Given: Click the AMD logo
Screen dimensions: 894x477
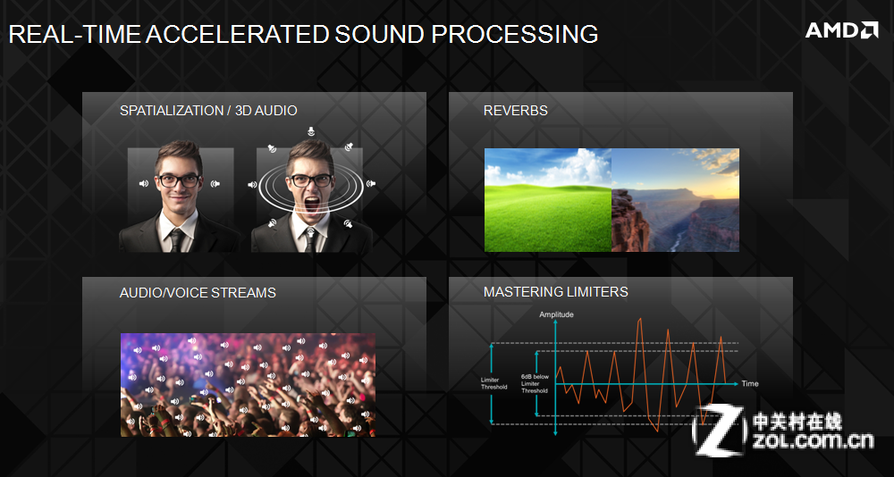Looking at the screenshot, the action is (x=841, y=30).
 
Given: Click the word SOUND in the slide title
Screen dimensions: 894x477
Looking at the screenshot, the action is (x=379, y=35).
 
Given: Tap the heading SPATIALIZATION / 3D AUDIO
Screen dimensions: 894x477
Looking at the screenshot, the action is (x=208, y=111).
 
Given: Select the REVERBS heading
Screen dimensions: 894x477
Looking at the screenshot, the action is (x=516, y=111).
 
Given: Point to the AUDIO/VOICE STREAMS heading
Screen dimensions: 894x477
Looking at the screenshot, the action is (x=198, y=293).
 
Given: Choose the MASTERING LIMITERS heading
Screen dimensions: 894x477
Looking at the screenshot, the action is (x=556, y=292).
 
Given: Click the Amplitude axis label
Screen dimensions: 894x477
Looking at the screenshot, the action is (x=556, y=314).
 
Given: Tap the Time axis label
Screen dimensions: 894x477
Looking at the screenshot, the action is (x=750, y=383).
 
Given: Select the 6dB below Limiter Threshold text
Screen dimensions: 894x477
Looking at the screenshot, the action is (x=535, y=383).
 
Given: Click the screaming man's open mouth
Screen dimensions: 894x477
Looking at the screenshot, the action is (x=311, y=205).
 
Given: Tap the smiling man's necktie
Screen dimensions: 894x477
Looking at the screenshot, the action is (x=177, y=240).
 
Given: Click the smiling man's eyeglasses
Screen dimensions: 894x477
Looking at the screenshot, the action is (x=179, y=181).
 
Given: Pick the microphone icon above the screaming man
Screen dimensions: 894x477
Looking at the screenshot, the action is (x=310, y=131).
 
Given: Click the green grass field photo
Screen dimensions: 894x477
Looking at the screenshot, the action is (x=548, y=200).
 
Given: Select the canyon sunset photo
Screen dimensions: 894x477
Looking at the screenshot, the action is (x=676, y=200).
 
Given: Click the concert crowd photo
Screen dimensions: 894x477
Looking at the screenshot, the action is (x=248, y=385).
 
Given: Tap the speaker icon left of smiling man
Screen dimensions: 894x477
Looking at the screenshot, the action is (x=144, y=183).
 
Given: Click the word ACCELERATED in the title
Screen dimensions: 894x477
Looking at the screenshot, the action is (x=237, y=35).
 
